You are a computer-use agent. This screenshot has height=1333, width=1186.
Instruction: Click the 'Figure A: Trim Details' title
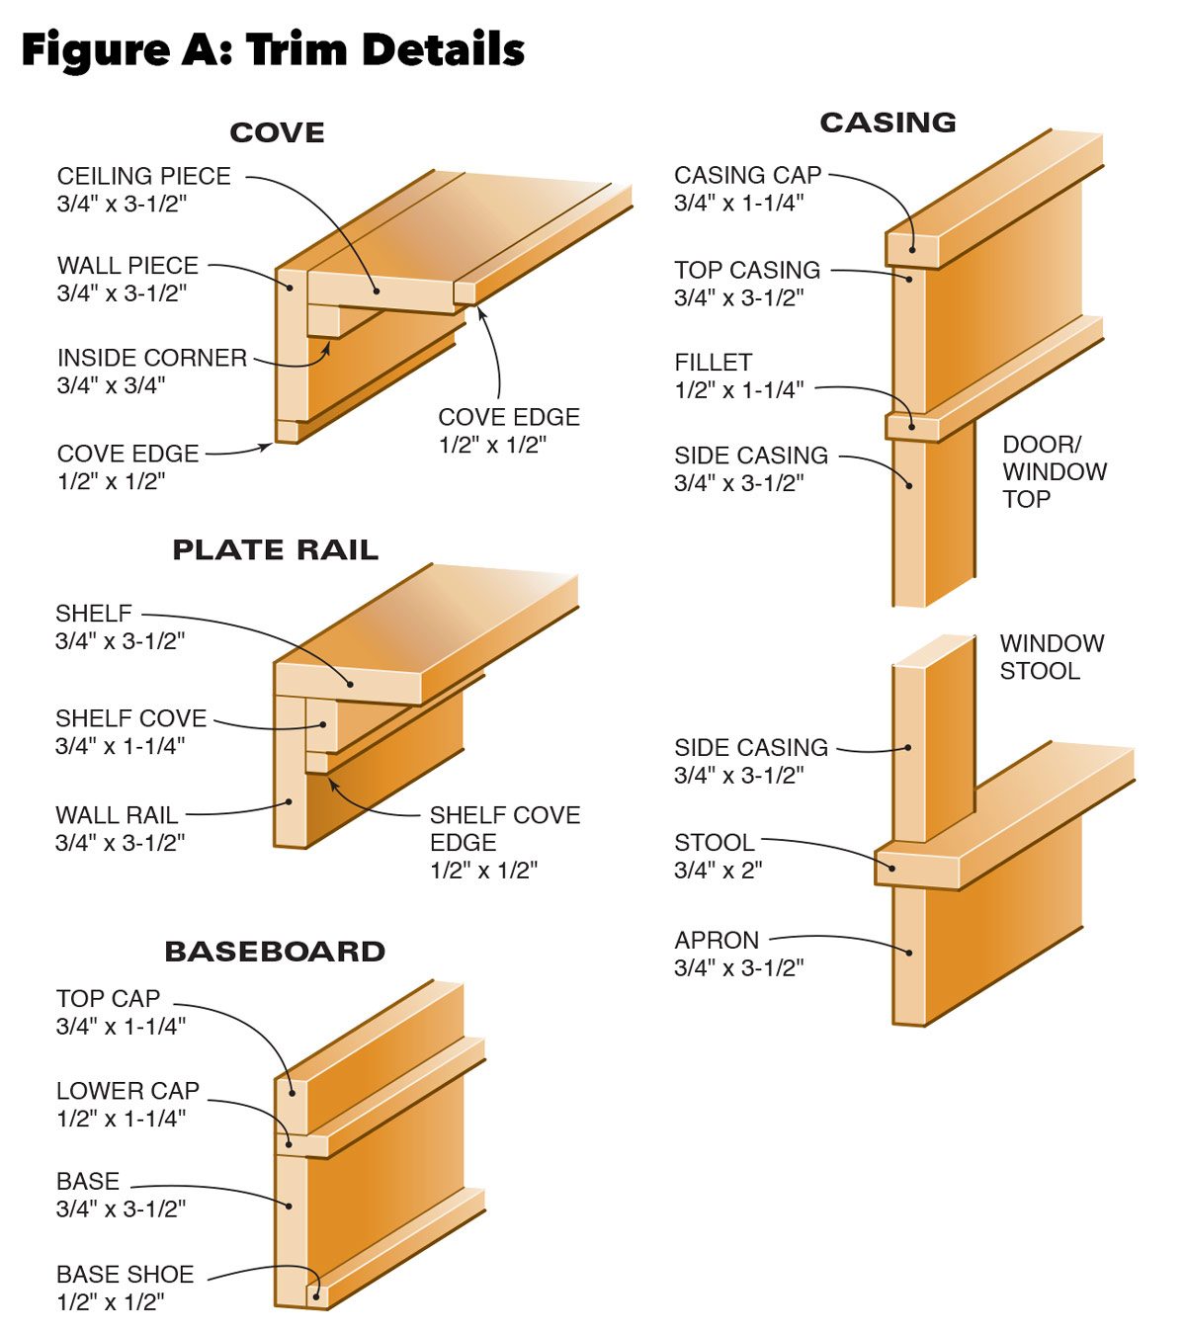pos(273,49)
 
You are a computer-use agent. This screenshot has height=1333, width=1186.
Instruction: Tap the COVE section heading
pos(277,132)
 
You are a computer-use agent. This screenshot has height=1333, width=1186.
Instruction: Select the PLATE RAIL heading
pos(275,549)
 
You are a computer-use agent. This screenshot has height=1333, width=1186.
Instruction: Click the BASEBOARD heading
pos(275,952)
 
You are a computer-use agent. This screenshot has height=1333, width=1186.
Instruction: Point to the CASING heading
pos(888,123)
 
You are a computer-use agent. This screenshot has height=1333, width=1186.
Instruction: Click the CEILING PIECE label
pos(144,176)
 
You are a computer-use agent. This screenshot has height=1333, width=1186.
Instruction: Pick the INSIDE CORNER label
pos(152,358)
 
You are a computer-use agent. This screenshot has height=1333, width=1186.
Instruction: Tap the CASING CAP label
pos(748,175)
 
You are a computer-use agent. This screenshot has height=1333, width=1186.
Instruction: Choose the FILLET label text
pos(714,363)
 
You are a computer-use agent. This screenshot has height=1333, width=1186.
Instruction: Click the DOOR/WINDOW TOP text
pos(1055,471)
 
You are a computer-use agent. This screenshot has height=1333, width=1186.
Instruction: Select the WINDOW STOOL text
pos(1052,656)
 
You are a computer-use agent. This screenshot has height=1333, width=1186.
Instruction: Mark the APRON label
pos(717,940)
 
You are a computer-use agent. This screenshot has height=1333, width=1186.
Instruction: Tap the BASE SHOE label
pos(125,1274)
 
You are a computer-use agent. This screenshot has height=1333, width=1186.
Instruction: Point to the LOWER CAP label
pos(127,1091)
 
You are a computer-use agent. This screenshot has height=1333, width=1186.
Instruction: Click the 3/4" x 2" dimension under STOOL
pos(719,871)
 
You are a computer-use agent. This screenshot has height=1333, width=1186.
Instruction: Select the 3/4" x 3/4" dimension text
pos(111,385)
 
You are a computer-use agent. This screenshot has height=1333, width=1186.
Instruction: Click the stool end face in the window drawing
pos(917,869)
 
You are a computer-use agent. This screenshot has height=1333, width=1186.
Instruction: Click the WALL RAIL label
pos(117,815)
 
